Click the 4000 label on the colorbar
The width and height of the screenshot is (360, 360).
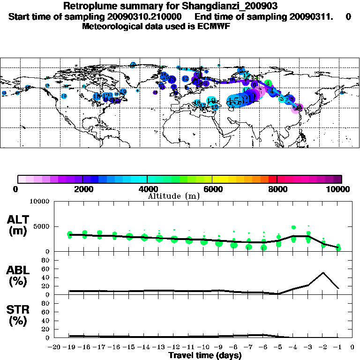click(147, 189)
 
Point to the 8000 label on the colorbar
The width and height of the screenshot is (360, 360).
click(277, 189)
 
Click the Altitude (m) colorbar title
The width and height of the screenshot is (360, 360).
click(174, 196)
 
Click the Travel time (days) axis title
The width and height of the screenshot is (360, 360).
click(205, 355)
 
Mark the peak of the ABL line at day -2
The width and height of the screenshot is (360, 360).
click(323, 272)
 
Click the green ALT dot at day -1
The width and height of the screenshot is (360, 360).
click(338, 247)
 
